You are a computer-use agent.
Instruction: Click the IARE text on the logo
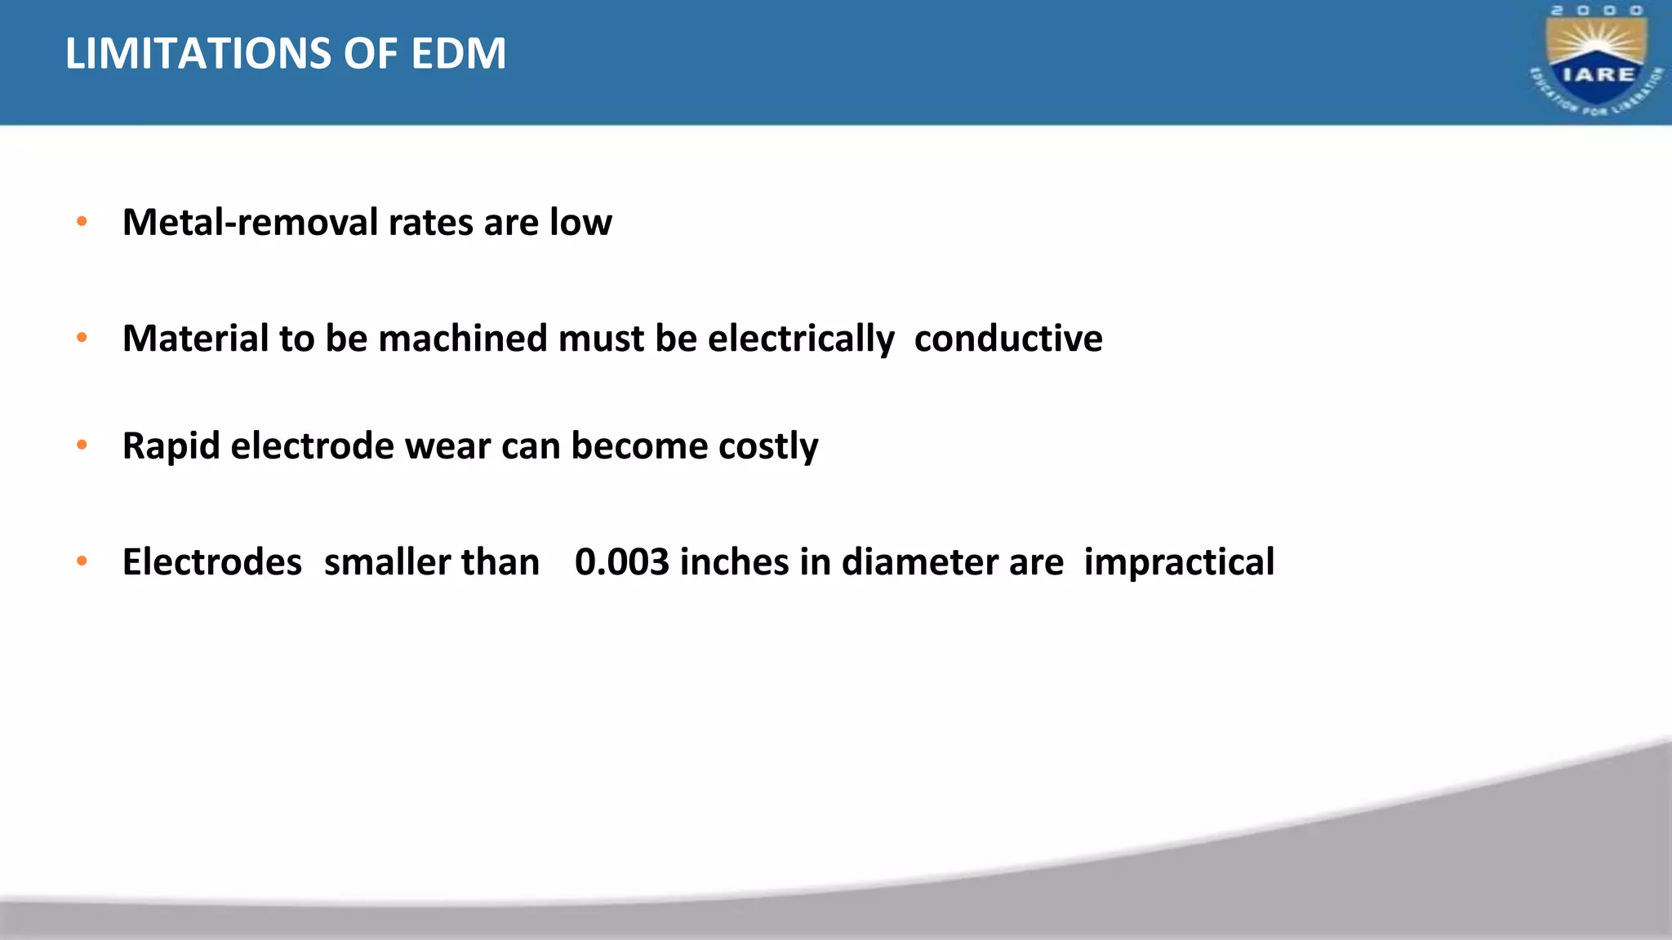coord(1598,74)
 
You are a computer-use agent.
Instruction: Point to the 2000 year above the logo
coord(1597,11)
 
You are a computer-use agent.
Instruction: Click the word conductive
coord(1008,338)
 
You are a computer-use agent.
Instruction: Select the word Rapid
coord(171,446)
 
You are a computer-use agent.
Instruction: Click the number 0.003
coord(622,562)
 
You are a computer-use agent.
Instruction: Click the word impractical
coord(1179,562)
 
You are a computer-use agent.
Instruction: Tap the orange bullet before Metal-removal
coord(82,221)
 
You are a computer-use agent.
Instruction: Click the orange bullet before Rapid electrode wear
coord(82,445)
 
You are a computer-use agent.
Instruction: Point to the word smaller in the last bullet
coord(387,562)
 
